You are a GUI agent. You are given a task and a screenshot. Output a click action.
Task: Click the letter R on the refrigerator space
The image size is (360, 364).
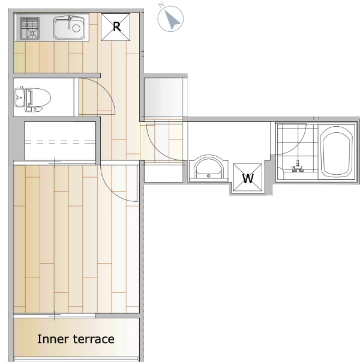click(116, 27)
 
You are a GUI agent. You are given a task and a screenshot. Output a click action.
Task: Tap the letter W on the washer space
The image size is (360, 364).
click(248, 178)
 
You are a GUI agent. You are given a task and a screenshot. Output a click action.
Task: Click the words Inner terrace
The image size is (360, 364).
click(76, 339)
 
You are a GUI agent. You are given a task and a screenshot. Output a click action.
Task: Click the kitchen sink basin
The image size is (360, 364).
click(69, 28)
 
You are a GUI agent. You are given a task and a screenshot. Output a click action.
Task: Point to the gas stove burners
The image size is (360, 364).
click(29, 28)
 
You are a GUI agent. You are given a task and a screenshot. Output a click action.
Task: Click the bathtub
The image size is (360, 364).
click(336, 152)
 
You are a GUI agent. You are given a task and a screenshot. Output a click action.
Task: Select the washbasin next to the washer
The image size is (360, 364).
click(209, 168)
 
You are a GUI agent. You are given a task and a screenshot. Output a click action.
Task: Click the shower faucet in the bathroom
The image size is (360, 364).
click(297, 167)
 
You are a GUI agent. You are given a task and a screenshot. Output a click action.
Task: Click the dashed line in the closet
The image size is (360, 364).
click(60, 142)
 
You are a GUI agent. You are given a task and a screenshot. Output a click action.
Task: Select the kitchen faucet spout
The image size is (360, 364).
click(69, 22)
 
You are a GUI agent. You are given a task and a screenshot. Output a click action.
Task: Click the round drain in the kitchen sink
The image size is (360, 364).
click(76, 28)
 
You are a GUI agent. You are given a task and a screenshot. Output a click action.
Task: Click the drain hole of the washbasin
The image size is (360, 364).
click(209, 176)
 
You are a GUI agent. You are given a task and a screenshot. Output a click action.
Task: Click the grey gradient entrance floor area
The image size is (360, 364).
click(163, 97)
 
